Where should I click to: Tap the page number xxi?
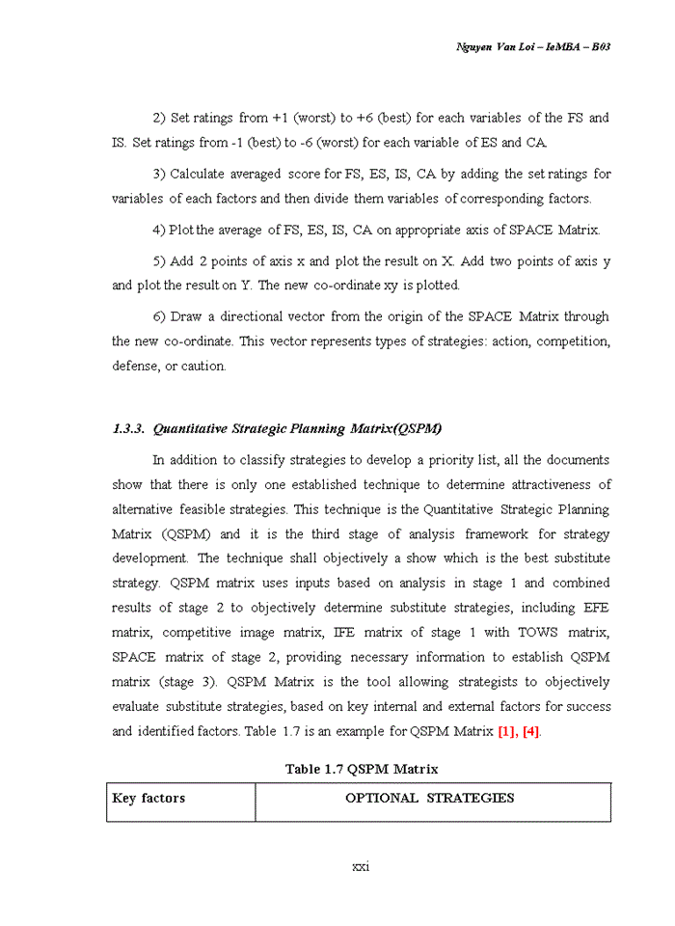coord(361,866)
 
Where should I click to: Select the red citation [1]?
coord(507,731)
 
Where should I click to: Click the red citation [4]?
coord(530,731)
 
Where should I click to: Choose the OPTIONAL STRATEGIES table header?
coord(430,799)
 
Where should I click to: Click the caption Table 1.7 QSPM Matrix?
coord(361,769)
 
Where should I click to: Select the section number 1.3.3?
coord(128,428)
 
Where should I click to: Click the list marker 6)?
coord(160,316)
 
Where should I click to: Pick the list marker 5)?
coord(160,261)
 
